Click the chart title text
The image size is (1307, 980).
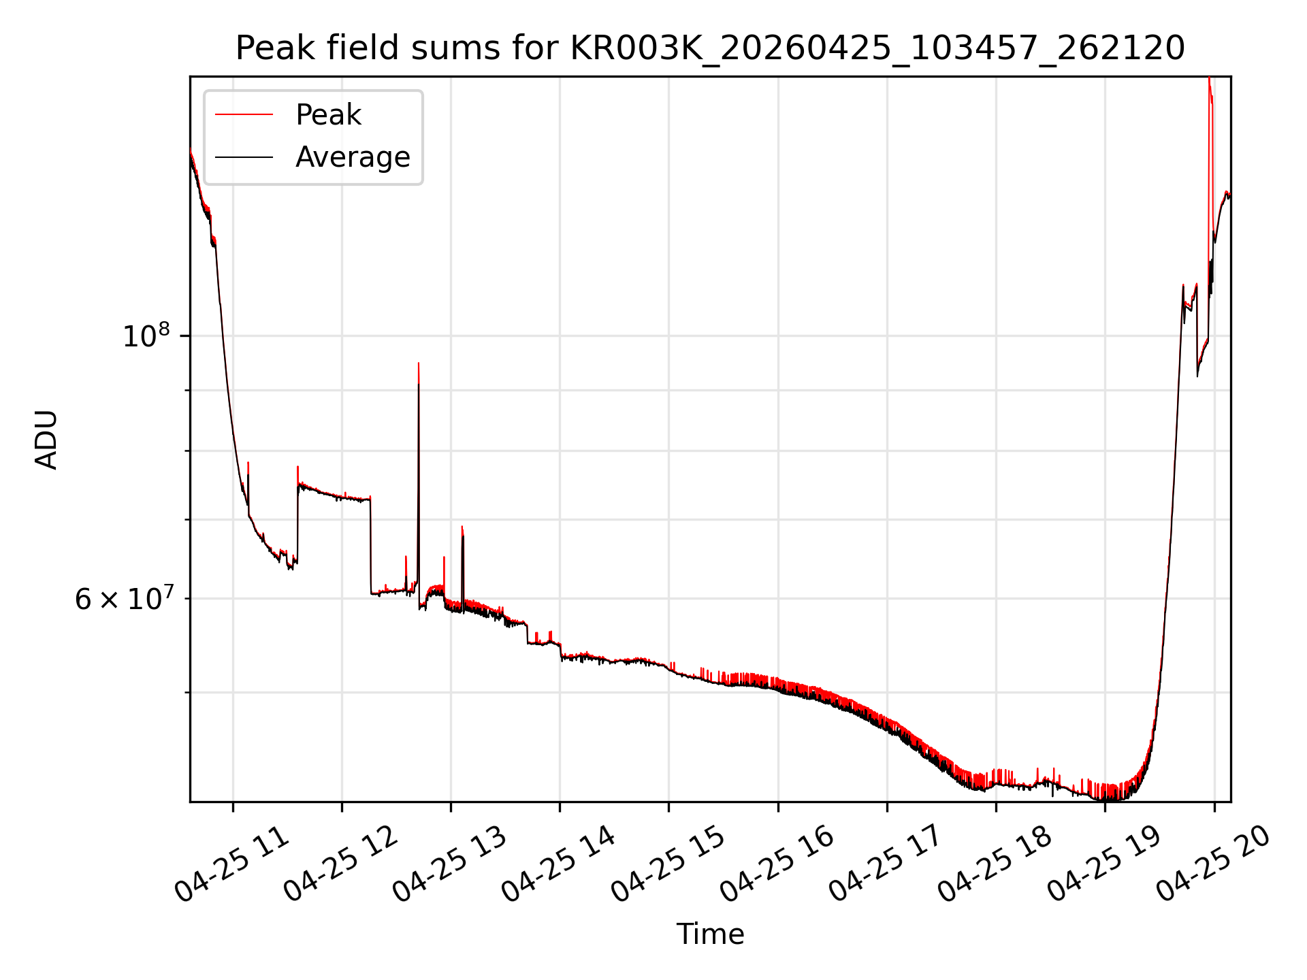710,49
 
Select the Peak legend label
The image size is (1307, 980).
328,115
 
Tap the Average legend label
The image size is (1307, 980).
353,157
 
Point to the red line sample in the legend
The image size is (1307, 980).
244,114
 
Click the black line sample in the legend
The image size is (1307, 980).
244,157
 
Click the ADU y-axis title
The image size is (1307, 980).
46,439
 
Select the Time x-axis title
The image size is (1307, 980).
710,934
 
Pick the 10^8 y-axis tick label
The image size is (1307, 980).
146,336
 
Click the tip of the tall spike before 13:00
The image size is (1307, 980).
418,363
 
